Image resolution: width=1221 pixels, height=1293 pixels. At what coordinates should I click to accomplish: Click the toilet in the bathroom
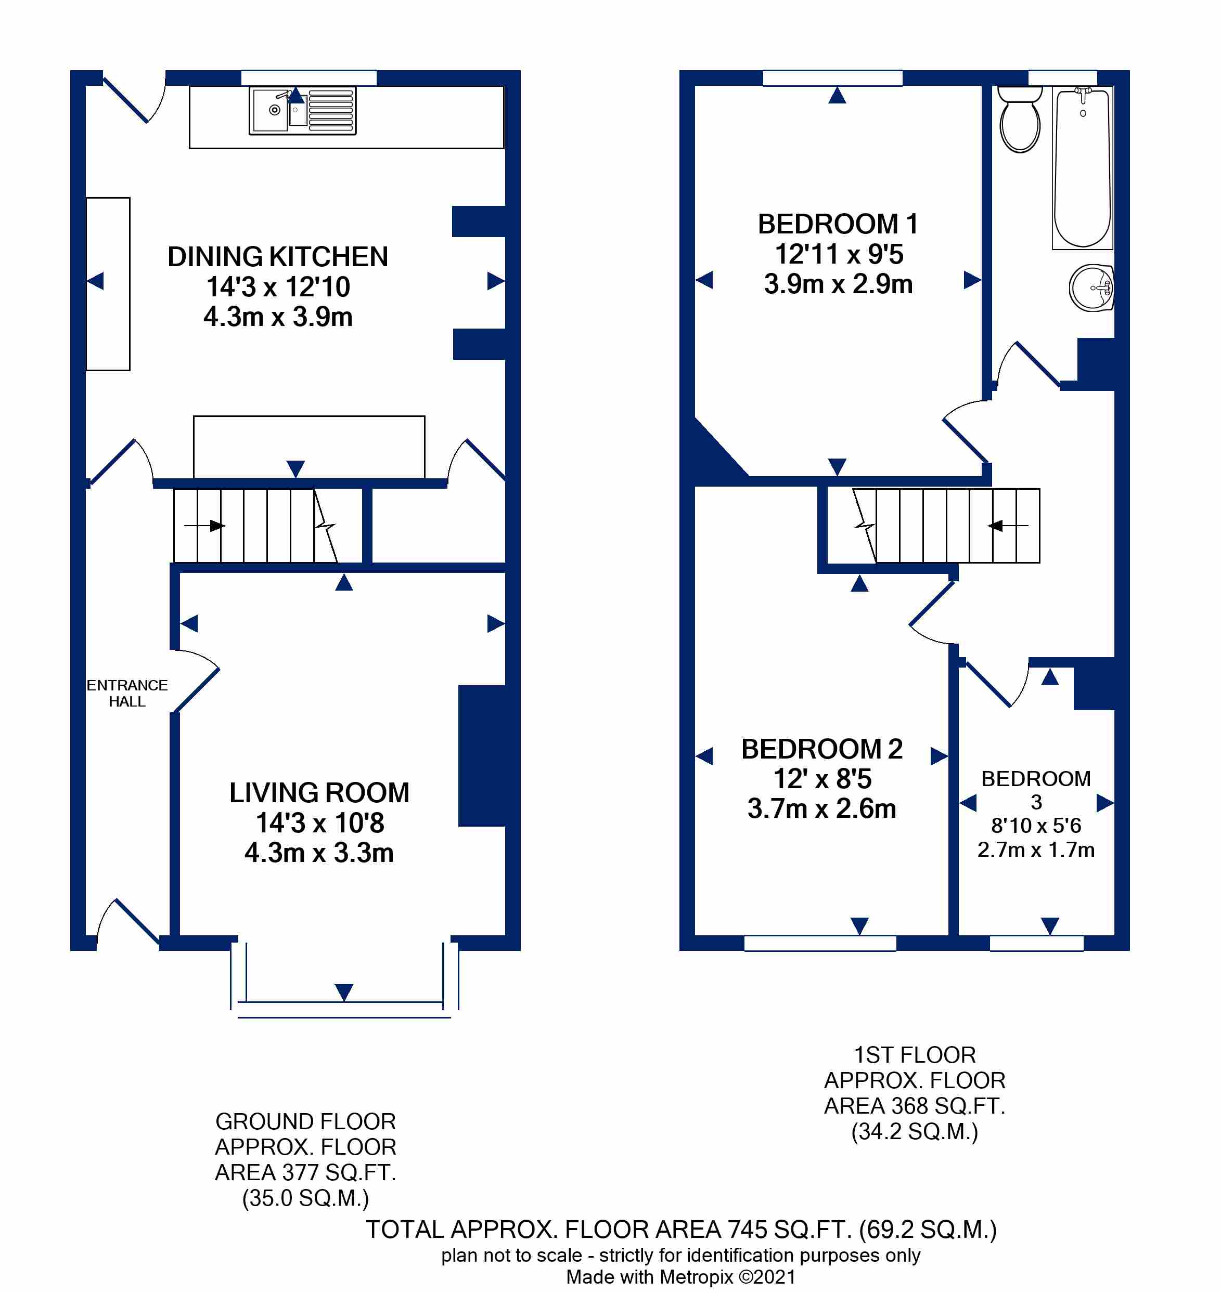tap(1019, 119)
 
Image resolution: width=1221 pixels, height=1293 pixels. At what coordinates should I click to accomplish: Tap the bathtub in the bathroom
tap(1083, 168)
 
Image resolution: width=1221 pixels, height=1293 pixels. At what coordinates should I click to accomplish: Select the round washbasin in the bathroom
tap(1091, 288)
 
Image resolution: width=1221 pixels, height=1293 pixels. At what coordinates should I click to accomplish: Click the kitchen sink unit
tap(303, 111)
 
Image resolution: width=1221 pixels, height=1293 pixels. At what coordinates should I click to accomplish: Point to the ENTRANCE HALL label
tap(127, 694)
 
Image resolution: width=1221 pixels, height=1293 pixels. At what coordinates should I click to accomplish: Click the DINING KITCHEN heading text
tap(278, 257)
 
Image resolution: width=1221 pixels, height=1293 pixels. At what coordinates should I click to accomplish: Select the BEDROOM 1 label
tap(838, 224)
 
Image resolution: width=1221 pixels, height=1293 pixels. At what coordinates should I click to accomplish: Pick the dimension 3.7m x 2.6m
tap(821, 808)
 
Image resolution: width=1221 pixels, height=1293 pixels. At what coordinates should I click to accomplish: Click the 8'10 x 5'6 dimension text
tap(1036, 826)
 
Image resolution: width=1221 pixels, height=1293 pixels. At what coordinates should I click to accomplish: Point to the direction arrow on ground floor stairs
tap(204, 526)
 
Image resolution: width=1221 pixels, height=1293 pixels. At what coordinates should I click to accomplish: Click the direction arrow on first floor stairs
tap(1008, 526)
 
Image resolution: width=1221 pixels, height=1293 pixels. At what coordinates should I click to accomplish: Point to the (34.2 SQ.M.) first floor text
tap(915, 1132)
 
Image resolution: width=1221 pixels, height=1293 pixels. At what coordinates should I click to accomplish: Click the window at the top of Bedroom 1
tap(832, 78)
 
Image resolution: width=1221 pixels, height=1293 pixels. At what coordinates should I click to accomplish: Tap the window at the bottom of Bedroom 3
tap(1036, 943)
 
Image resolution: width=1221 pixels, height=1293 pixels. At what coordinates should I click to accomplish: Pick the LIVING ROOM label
tap(319, 793)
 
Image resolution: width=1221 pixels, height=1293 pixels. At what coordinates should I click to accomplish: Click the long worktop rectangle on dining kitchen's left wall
tap(108, 284)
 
